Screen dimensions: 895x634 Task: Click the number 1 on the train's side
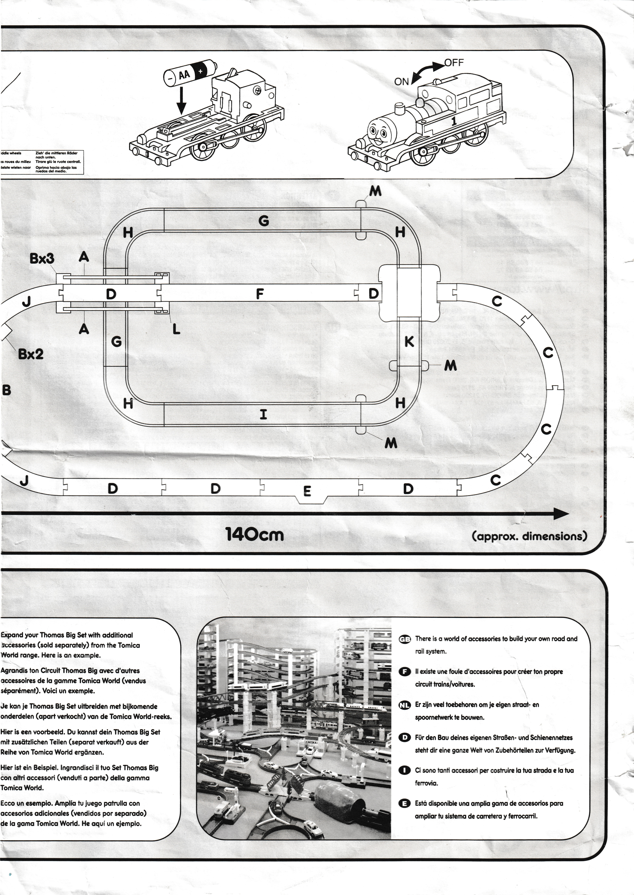pos(454,121)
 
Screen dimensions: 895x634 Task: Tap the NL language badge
pos(405,705)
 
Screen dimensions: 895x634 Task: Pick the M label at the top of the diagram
pos(375,191)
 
